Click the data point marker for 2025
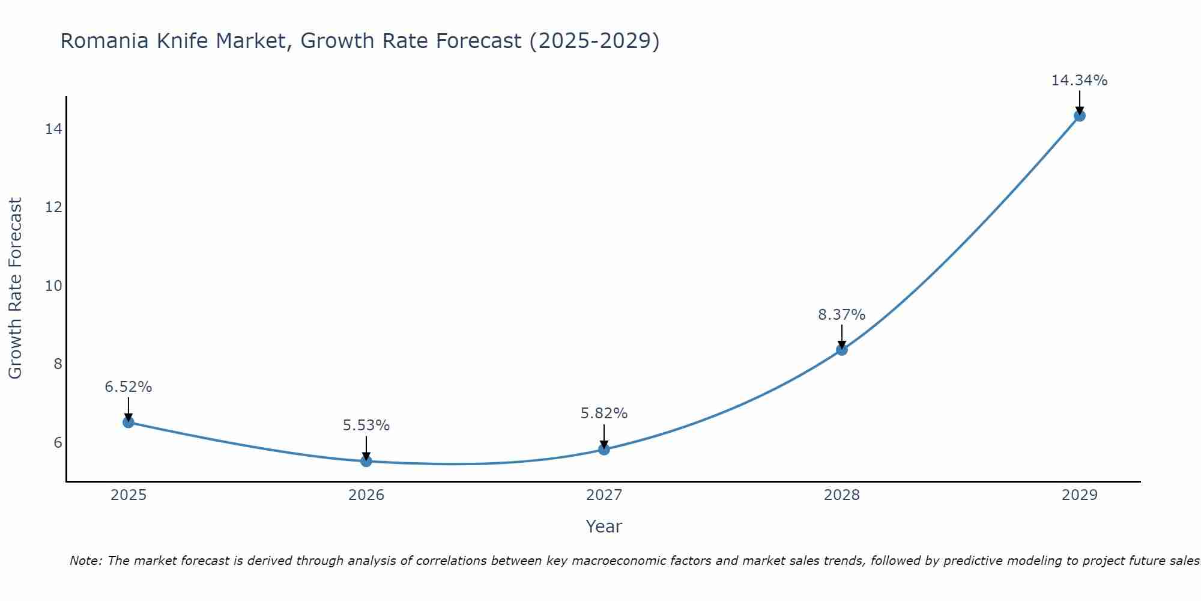coord(129,422)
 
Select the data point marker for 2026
coord(366,461)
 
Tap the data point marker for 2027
coord(604,450)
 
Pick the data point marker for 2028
coord(842,350)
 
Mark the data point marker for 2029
coord(1080,116)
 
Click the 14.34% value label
coord(1079,81)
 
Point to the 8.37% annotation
coord(841,315)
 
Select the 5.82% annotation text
coord(604,413)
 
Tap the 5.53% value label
coord(366,426)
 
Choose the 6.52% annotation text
coord(128,387)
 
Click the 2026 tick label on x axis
coord(366,495)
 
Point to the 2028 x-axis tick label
coord(842,495)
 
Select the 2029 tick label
coord(1080,495)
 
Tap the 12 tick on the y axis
coord(53,207)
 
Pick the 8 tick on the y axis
coord(58,364)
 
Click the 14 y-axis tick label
coord(53,129)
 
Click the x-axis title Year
coord(604,526)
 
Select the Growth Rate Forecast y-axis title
coord(15,288)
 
